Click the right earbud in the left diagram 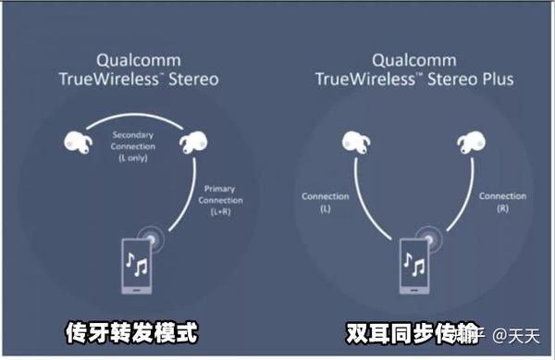click(x=193, y=142)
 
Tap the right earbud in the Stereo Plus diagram click(x=472, y=142)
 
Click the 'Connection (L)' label click(x=325, y=202)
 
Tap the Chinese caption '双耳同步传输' click(x=397, y=332)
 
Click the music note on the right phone click(x=411, y=267)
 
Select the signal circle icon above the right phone click(x=425, y=235)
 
